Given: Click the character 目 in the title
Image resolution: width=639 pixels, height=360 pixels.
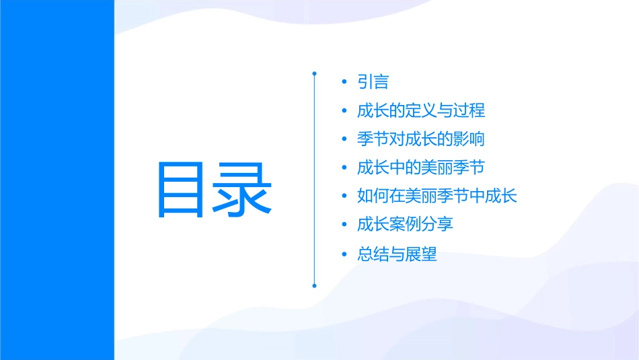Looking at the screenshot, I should point(184,189).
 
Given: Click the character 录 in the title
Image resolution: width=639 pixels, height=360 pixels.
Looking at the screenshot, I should point(242,189).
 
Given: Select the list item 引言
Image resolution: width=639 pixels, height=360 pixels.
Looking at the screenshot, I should point(373,82).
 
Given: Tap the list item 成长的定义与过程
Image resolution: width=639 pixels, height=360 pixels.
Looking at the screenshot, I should point(421,110).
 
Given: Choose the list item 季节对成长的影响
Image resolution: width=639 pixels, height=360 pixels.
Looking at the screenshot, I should point(421,139).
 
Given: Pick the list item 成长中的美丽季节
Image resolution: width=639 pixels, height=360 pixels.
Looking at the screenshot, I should point(421,168).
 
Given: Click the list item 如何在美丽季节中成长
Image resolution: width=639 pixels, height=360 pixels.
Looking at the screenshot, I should point(437,196).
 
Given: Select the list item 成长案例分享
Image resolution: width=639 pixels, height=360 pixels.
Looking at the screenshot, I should point(405,225).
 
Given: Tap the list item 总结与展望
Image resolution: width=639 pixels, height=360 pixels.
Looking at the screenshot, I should point(397,254).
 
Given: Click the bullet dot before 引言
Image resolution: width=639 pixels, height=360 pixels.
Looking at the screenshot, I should point(344,83).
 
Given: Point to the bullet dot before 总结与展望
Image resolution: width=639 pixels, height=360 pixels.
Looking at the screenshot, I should point(344,255).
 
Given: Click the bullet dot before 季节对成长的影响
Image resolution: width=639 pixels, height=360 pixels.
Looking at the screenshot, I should point(344,140).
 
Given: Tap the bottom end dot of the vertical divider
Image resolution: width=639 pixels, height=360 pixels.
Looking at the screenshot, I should point(314,285).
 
